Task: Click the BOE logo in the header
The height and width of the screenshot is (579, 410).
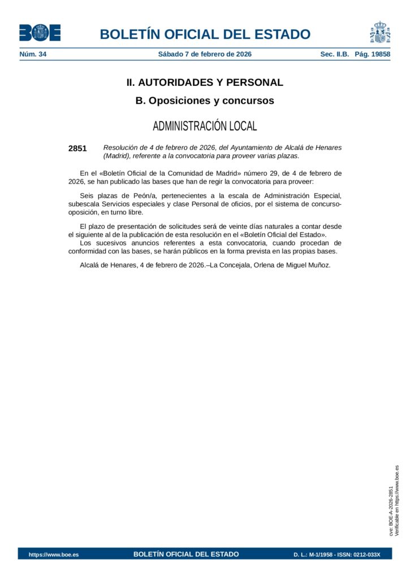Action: click(x=40, y=33)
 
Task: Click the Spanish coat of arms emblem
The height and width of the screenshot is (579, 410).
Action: click(x=380, y=32)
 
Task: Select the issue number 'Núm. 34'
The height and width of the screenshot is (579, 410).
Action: click(x=33, y=54)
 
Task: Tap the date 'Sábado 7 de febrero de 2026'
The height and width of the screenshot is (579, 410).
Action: click(x=205, y=54)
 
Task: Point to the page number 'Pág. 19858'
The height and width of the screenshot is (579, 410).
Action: click(x=372, y=54)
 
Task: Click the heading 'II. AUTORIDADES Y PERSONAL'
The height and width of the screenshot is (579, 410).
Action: click(x=205, y=83)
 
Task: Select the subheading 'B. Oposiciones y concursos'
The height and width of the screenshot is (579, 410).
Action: click(x=205, y=101)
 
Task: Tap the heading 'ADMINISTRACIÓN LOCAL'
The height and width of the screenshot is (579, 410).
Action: click(x=205, y=126)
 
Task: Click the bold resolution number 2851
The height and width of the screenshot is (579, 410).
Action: click(x=77, y=149)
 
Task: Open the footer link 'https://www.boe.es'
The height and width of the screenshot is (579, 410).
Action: click(x=54, y=555)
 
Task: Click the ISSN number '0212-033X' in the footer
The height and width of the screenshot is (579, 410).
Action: click(x=367, y=555)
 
